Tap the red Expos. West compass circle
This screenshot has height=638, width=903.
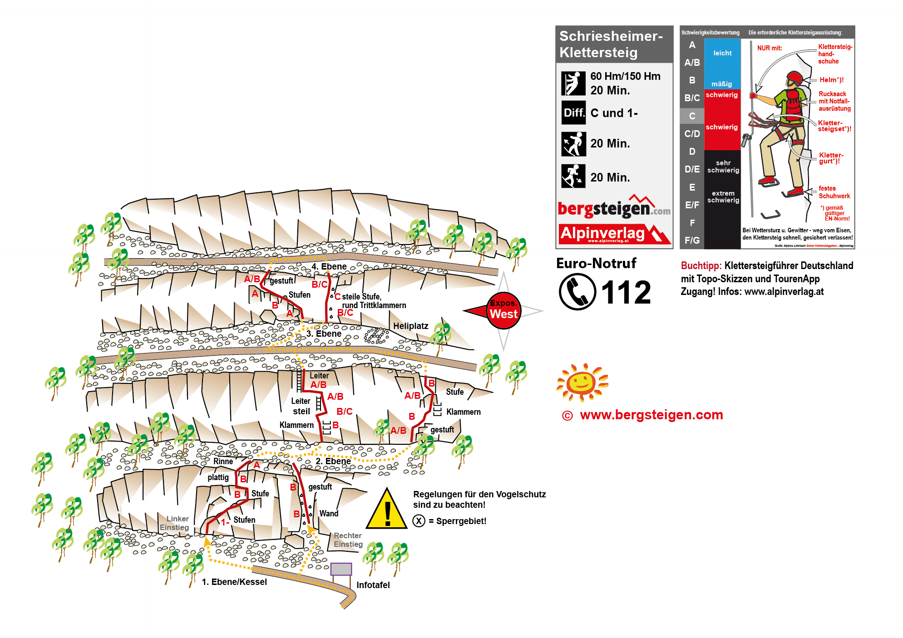pos(503,310)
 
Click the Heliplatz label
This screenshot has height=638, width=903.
pos(410,326)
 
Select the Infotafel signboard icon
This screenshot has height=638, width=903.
pos(341,569)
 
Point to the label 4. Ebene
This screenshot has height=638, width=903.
pos(329,266)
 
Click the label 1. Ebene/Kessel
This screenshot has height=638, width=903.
pos(234,582)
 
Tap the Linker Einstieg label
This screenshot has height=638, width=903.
pos(175,523)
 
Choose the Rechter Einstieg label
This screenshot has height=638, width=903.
pos(348,540)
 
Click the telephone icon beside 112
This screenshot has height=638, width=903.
pos(577,292)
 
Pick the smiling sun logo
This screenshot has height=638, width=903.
pos(582,382)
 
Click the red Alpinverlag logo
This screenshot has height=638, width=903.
pos(614,234)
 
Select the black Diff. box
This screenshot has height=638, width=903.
pos(573,113)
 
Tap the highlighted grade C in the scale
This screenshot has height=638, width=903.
pos(692,116)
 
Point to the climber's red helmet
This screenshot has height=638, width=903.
pos(794,77)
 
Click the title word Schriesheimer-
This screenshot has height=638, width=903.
pos(611,36)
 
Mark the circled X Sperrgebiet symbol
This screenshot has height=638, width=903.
pos(419,521)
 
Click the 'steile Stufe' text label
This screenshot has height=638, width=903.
pos(361,297)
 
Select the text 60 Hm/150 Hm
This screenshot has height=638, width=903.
pos(625,76)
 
